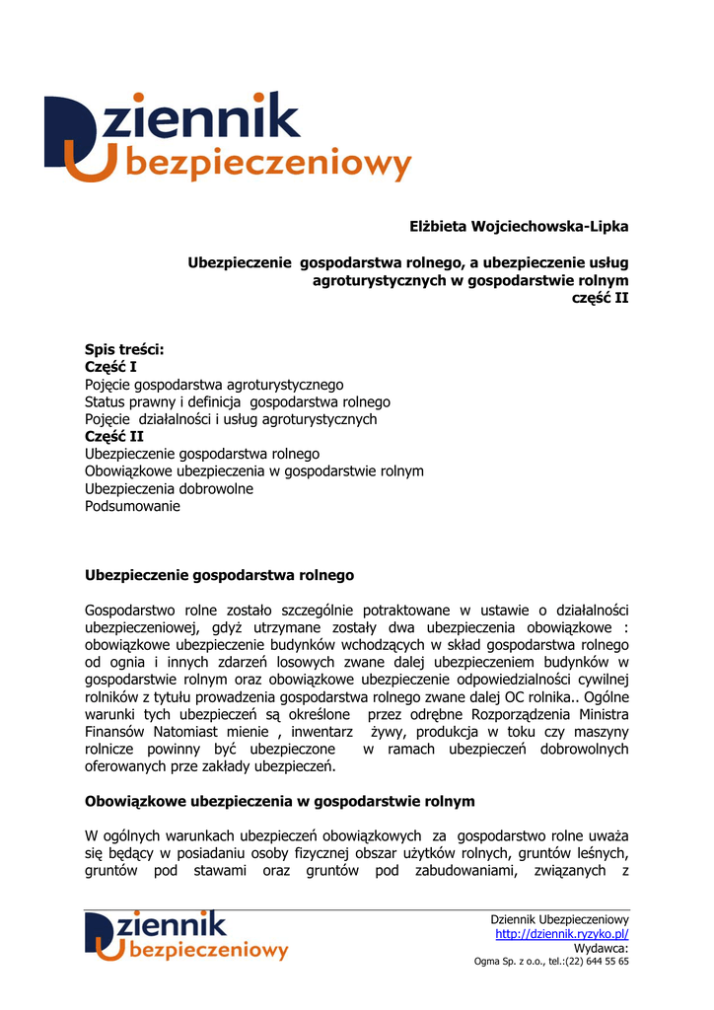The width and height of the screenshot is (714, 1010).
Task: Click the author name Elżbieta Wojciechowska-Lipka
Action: [x=519, y=227]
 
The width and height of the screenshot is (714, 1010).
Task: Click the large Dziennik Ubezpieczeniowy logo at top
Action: [x=227, y=137]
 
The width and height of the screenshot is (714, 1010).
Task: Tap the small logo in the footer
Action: [x=186, y=935]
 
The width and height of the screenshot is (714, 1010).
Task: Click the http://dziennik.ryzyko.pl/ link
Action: [x=562, y=934]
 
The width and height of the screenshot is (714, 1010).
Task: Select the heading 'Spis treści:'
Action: [x=124, y=349]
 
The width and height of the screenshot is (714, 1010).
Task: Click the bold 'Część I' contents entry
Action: [x=110, y=367]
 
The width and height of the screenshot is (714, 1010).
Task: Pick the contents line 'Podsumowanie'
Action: [x=132, y=506]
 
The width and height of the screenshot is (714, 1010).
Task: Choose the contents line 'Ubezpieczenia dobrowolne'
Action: [x=169, y=488]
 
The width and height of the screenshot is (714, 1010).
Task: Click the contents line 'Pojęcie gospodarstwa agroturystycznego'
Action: [x=214, y=385]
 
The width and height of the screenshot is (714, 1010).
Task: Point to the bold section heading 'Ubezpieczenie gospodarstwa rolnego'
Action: [x=219, y=574]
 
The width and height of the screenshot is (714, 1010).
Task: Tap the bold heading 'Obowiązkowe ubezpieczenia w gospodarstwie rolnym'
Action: [x=280, y=801]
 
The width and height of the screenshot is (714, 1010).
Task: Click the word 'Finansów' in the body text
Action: [x=114, y=732]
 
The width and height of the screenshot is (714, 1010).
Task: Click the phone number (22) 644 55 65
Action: [x=597, y=962]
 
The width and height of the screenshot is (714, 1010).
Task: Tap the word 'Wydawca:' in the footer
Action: [x=601, y=949]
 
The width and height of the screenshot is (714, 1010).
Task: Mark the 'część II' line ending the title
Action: [x=601, y=298]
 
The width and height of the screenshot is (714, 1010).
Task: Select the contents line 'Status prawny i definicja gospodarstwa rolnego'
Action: [x=238, y=402]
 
